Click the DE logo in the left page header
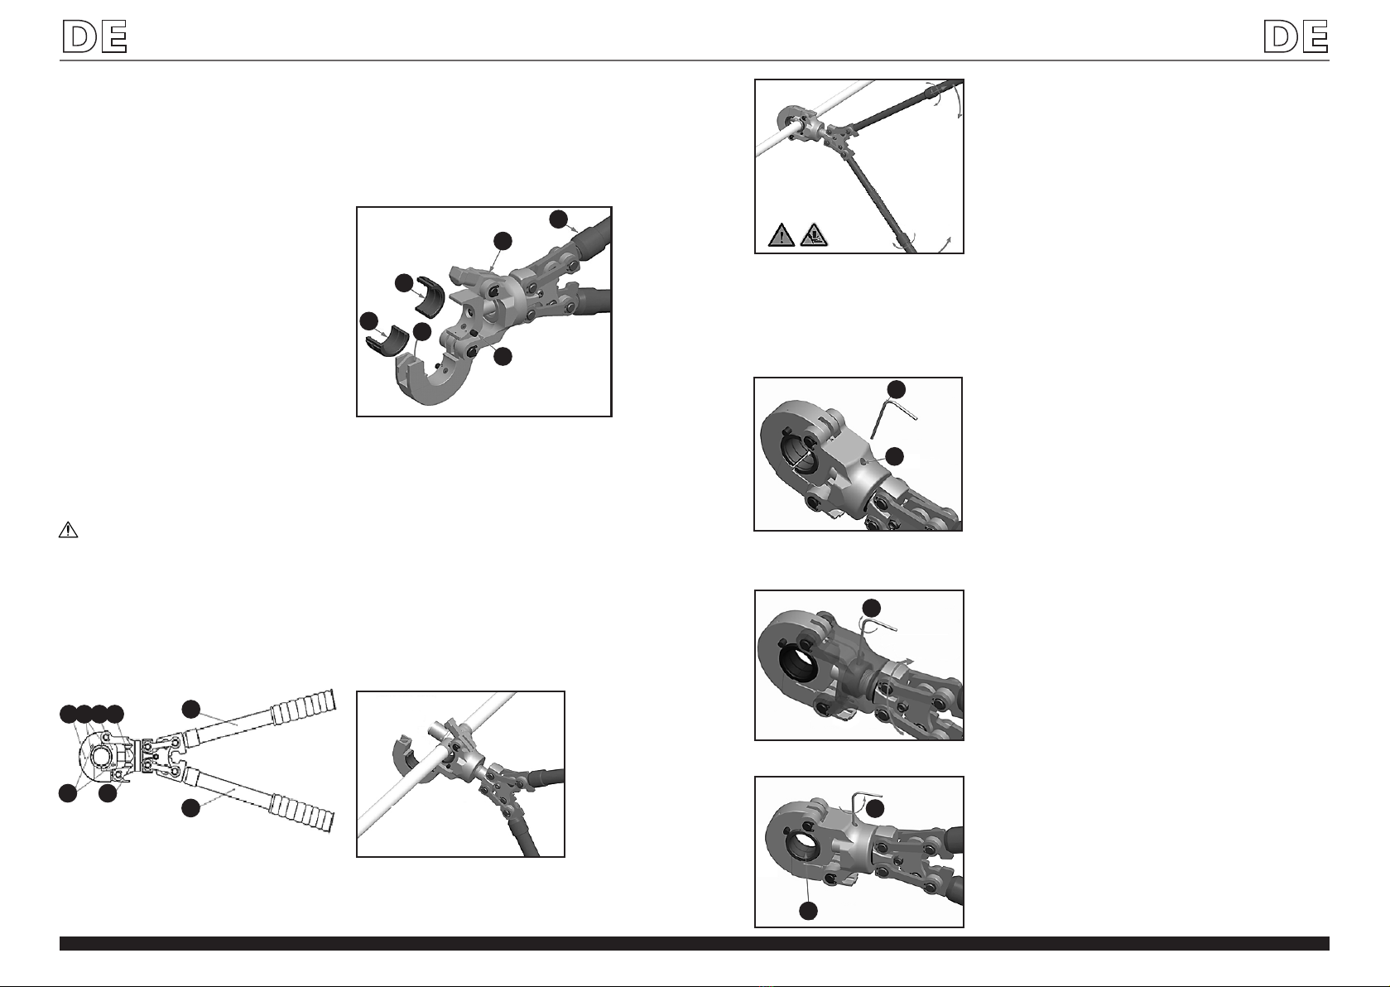click(x=95, y=36)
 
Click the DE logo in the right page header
click(x=1296, y=36)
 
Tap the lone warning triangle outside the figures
click(x=68, y=530)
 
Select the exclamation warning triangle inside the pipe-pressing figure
click(x=782, y=235)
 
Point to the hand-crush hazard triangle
click(x=814, y=235)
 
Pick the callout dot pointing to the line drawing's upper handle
click(x=191, y=709)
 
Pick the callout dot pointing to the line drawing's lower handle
click(x=190, y=807)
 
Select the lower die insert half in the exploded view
click(x=387, y=341)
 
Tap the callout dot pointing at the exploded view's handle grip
click(x=559, y=219)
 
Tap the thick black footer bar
click(x=695, y=943)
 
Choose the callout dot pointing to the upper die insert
click(x=404, y=283)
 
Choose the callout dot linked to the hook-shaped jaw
click(x=422, y=331)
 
